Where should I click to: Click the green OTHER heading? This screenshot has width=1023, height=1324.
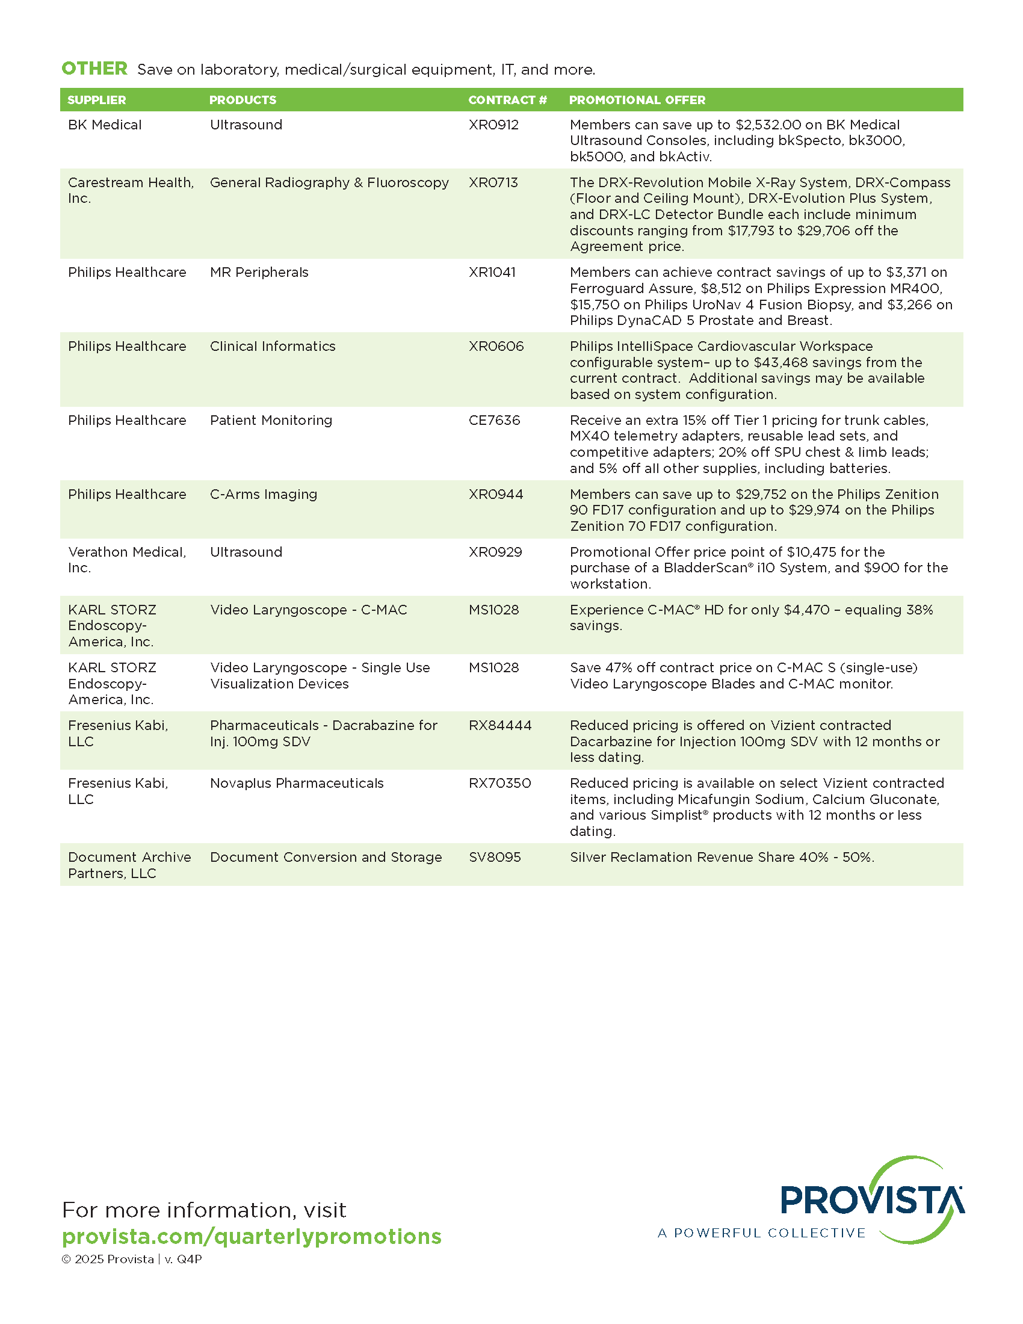(94, 69)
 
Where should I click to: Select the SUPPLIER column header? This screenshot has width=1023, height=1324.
(97, 100)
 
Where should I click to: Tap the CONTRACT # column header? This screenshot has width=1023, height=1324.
(507, 100)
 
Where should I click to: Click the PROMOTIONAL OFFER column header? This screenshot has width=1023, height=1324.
(637, 100)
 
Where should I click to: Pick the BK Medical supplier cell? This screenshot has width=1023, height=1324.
(105, 125)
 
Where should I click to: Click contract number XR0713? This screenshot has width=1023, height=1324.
(493, 182)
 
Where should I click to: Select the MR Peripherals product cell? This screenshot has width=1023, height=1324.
(259, 272)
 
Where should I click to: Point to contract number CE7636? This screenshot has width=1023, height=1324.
(495, 420)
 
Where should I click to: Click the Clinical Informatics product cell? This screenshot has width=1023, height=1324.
(273, 346)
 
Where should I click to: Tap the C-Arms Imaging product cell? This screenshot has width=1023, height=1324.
(264, 494)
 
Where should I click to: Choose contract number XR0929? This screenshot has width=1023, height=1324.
(495, 552)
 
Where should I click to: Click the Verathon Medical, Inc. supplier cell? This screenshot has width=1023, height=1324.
(126, 560)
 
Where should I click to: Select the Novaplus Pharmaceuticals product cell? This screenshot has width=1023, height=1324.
(297, 783)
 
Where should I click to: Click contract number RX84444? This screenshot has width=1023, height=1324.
(500, 725)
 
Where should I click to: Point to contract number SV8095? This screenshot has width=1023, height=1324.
(495, 857)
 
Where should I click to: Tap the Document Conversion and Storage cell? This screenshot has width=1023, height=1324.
(326, 857)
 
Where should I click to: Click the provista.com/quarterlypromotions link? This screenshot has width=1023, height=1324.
(252, 1236)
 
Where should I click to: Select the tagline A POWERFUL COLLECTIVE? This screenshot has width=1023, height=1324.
(762, 1233)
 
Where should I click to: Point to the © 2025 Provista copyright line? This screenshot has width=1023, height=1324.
(132, 1259)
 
